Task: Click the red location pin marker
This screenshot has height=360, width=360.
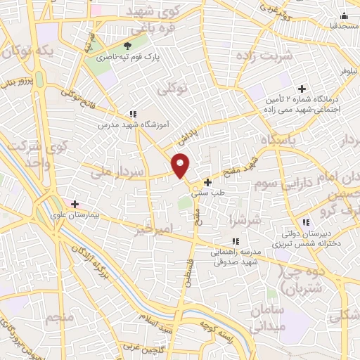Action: click(x=181, y=166)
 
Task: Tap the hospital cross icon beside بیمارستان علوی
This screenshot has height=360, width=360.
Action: click(x=75, y=204)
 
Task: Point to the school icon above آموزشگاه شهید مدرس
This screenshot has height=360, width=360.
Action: click(x=132, y=114)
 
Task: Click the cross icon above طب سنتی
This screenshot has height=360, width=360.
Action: click(x=207, y=182)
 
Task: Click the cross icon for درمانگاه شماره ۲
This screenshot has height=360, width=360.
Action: click(x=302, y=89)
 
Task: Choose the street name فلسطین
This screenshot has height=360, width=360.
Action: click(x=188, y=272)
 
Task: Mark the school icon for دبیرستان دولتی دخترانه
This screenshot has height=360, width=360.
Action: click(x=296, y=223)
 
